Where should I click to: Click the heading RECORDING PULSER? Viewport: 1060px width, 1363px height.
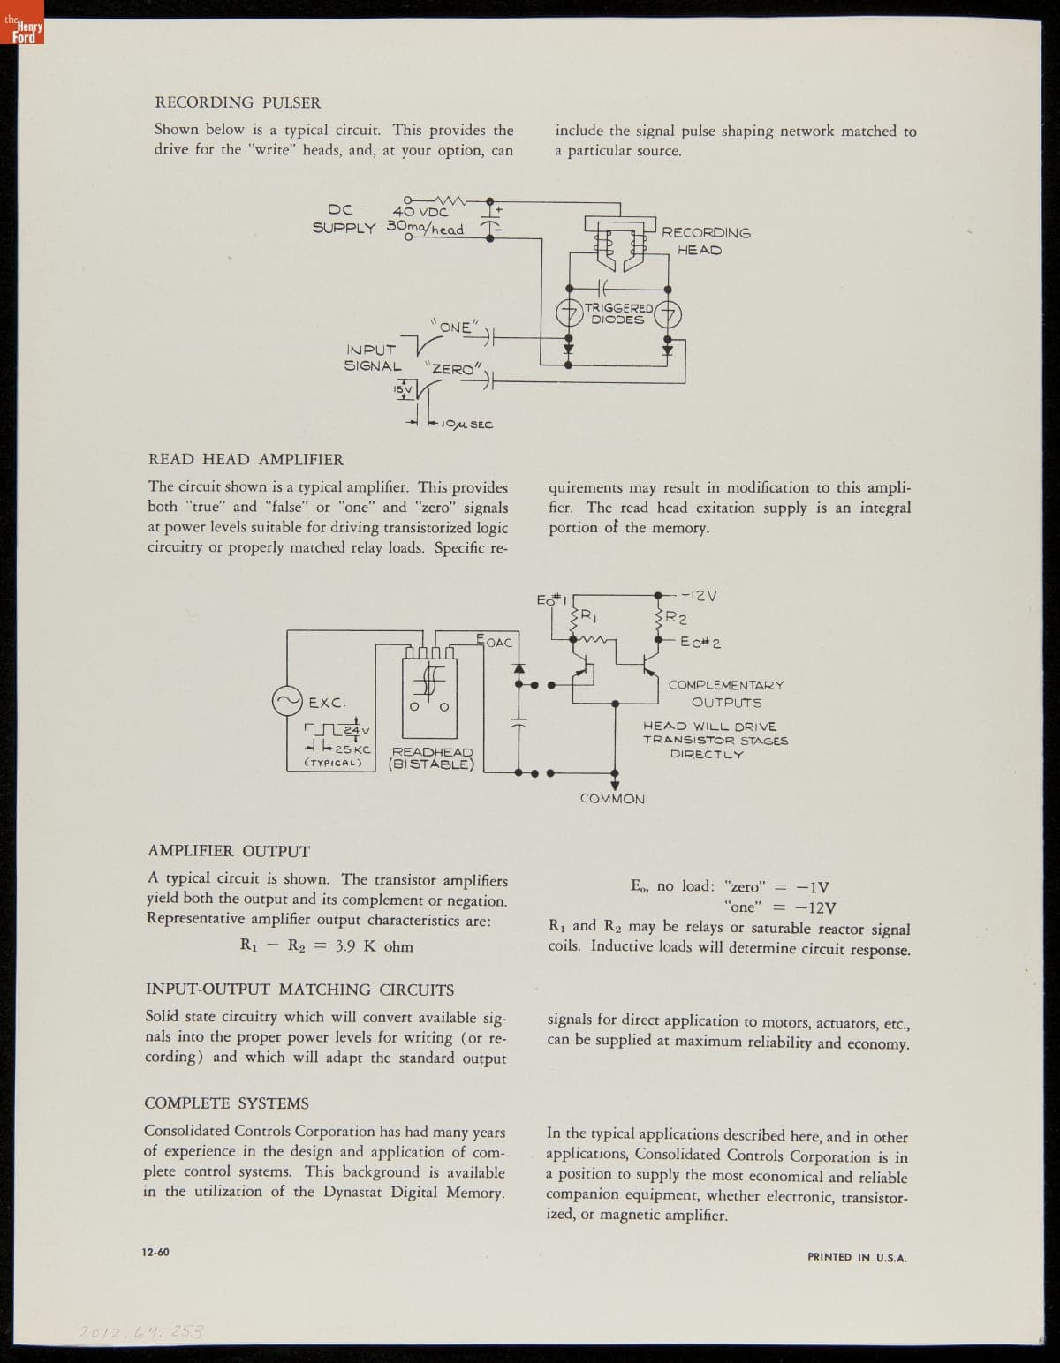(x=238, y=102)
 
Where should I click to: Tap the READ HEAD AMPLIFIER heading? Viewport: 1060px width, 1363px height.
(x=246, y=459)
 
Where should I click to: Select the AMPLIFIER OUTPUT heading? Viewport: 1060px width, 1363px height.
(x=228, y=851)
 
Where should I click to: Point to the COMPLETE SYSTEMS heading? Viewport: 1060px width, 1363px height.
(x=226, y=1103)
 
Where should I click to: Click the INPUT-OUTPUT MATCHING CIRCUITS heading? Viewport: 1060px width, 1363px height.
(x=299, y=990)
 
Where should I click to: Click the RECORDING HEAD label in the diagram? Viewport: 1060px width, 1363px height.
(x=705, y=241)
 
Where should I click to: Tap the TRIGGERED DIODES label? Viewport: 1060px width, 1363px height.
(x=617, y=313)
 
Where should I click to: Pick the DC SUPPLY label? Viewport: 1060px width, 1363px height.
(x=343, y=219)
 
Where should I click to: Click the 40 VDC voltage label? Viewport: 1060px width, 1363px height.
(x=420, y=211)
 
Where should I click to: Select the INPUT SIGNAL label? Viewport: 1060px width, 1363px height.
(x=372, y=358)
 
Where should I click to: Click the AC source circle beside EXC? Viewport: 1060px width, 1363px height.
(x=286, y=703)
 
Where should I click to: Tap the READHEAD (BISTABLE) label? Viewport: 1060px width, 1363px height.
(x=432, y=758)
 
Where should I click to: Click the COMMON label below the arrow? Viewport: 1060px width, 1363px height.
(x=612, y=799)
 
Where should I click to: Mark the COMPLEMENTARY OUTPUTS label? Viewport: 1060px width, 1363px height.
(x=726, y=694)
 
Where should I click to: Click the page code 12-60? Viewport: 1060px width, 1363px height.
(x=155, y=1252)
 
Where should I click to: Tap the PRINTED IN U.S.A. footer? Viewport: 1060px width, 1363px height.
(x=857, y=1257)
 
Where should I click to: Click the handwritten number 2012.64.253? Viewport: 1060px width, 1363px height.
(x=140, y=1331)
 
